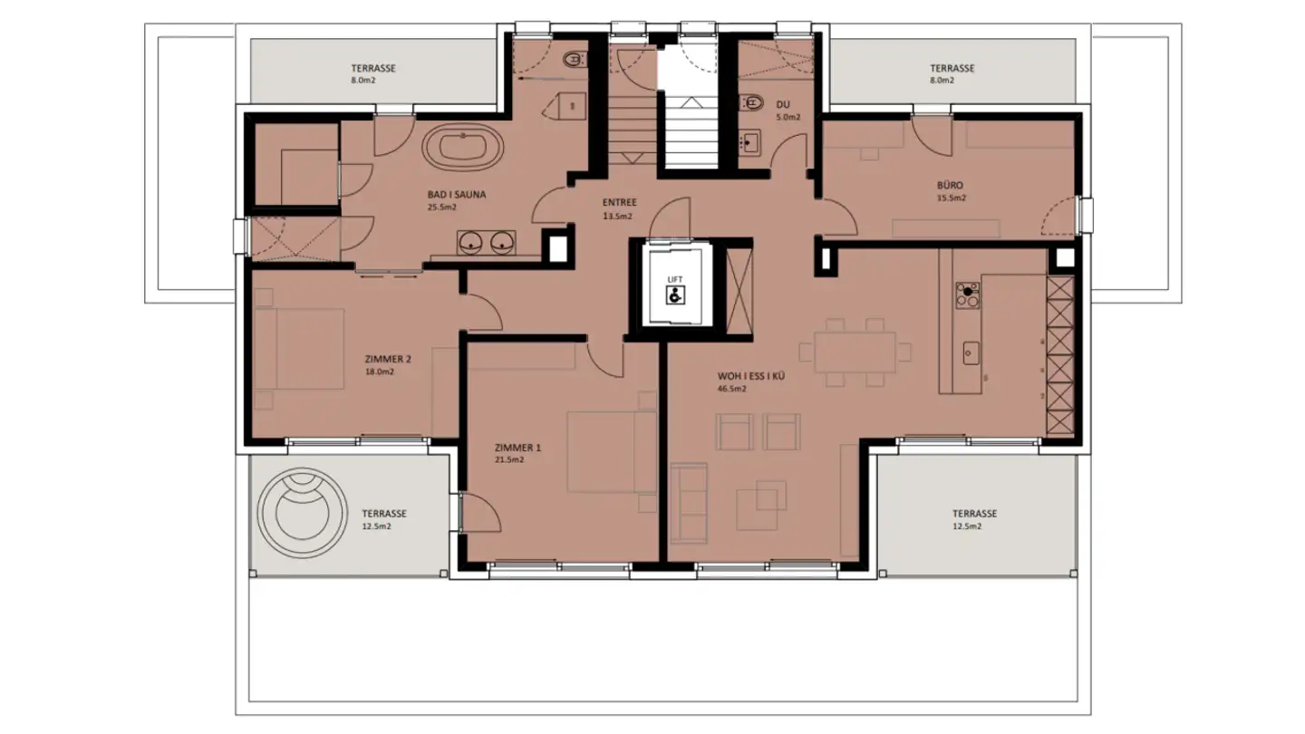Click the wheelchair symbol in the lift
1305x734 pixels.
pos(674,295)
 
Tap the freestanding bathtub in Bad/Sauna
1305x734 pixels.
pos(464,149)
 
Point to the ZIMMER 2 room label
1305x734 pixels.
pos(388,359)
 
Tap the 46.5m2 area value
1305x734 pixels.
pos(731,389)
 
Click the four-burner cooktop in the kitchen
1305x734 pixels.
pos(967,295)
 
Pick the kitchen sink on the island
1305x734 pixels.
pos(970,350)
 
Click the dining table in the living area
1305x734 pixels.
pos(855,353)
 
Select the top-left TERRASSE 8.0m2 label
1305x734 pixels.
pos(373,68)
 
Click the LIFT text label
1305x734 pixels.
pos(674,279)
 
